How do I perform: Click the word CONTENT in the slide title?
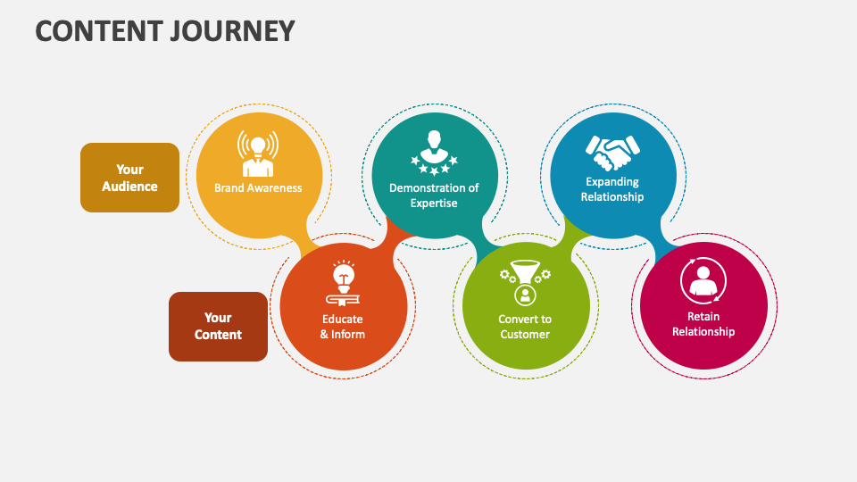coord(93,30)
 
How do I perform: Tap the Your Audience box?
coord(129,178)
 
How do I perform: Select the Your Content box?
coord(218,327)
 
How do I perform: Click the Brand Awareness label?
coord(258,188)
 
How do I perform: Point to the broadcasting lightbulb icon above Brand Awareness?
coord(258,154)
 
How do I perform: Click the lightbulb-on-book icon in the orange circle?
coord(343,282)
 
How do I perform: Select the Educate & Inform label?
coord(343,327)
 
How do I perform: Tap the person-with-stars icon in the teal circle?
coord(434,153)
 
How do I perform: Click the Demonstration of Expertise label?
coord(434,195)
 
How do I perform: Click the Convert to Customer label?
coord(525,327)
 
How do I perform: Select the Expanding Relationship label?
coord(612,189)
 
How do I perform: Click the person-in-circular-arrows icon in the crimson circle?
coord(703,280)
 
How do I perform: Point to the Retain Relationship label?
coord(703,324)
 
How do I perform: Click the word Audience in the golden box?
coord(129,187)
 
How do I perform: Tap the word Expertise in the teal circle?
coord(434,204)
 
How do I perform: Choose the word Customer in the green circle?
coord(525,335)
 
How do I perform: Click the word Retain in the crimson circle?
coord(703,316)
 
